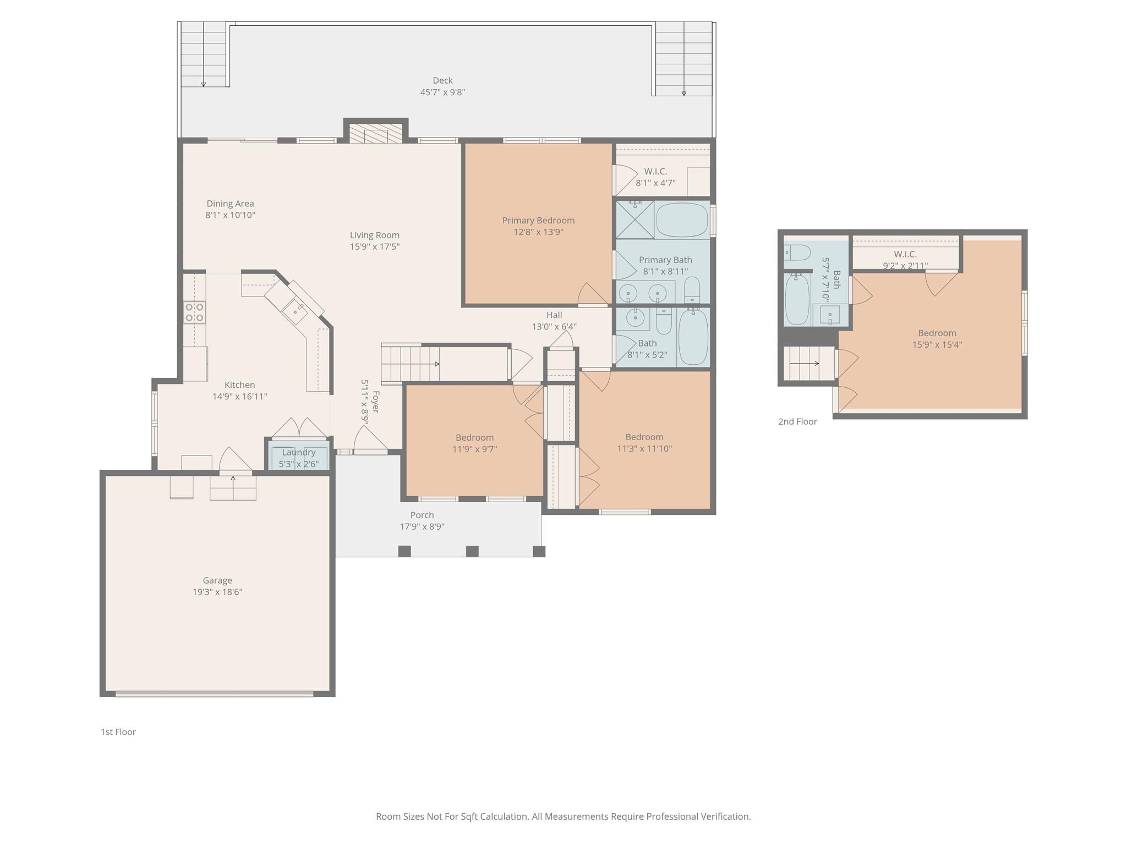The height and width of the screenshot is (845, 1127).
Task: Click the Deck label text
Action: coord(442,80)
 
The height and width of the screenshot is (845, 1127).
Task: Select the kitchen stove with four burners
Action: coord(194,312)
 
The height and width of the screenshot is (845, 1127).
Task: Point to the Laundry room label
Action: coord(299,452)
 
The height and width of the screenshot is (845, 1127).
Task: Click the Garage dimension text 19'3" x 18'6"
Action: coord(217,592)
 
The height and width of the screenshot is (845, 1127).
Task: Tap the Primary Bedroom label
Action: coord(538,221)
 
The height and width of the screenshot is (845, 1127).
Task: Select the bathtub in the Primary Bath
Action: coord(682,220)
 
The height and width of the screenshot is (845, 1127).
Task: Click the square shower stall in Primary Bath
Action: coord(635,220)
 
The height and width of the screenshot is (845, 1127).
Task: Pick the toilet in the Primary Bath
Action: coord(692,290)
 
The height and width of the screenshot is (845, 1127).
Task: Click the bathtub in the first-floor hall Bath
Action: coord(693,337)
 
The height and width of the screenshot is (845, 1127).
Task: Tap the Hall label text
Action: coord(554,315)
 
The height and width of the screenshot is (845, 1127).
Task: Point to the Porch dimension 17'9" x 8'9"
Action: coord(422,526)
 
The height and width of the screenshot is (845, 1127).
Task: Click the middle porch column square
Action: coord(472,551)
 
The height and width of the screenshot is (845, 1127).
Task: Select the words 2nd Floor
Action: coord(797,421)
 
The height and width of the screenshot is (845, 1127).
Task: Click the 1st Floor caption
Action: coord(118,732)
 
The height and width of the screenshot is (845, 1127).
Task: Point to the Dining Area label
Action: coord(230,204)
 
